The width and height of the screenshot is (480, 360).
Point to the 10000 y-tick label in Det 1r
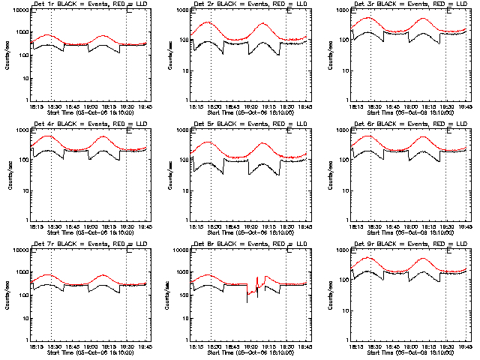(19, 9)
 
